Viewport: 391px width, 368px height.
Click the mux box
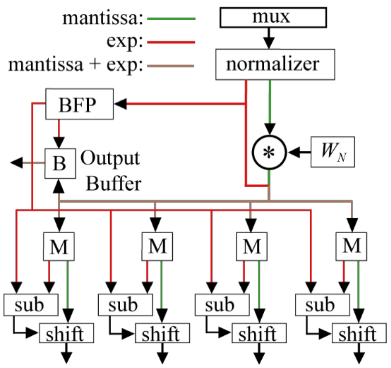click(x=273, y=18)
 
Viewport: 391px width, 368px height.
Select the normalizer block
click(x=275, y=64)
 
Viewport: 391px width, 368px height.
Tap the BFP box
click(x=79, y=104)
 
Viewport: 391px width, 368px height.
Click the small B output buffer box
click(x=60, y=163)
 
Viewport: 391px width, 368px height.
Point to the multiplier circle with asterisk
click(x=269, y=152)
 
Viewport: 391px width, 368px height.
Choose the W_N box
click(x=333, y=152)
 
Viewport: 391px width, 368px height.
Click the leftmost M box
click(x=59, y=247)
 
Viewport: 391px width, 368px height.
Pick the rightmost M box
click(x=351, y=247)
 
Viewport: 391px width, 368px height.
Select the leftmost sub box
click(x=31, y=305)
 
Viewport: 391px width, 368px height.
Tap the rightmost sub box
click(x=322, y=305)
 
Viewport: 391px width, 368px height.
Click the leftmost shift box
click(x=66, y=333)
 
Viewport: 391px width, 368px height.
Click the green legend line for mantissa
click(x=171, y=19)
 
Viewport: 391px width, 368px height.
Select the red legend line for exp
click(x=171, y=42)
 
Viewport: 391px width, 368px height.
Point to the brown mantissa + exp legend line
click(x=170, y=66)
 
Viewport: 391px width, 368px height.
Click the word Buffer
click(x=114, y=184)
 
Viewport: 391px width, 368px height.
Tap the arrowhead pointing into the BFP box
click(x=120, y=104)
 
